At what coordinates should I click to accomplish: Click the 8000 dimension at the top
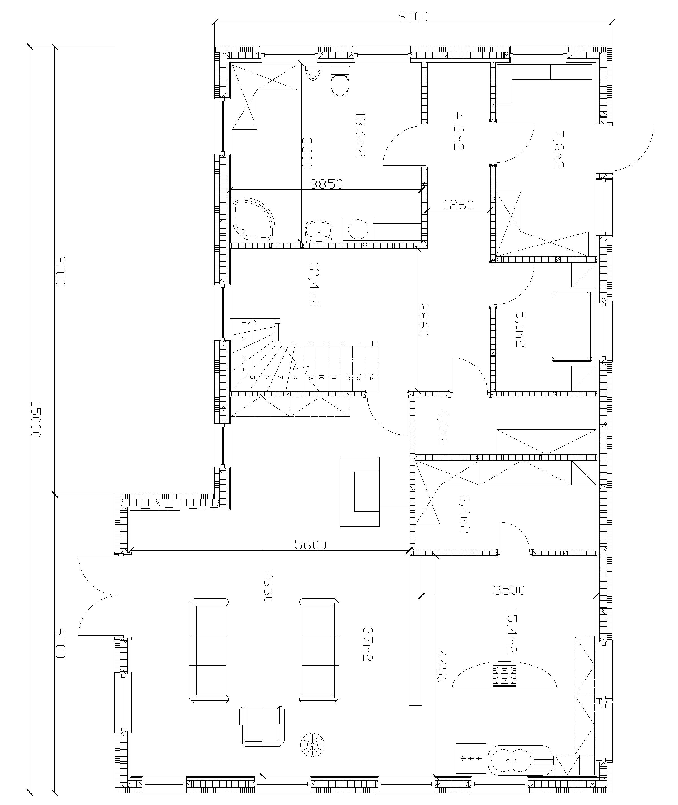tap(413, 17)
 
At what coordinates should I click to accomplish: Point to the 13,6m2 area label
tap(360, 134)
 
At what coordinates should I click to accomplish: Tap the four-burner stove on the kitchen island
tap(504, 675)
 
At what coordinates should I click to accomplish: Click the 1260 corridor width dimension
tap(459, 204)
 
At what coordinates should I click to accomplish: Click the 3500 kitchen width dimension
tap(509, 590)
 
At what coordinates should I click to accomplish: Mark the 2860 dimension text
tap(424, 319)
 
